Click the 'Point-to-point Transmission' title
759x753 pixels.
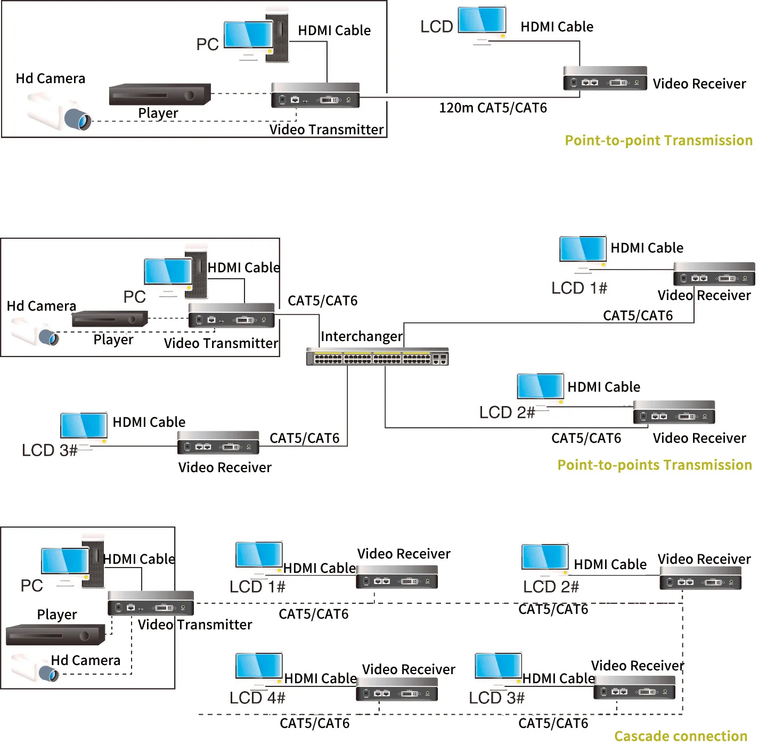coord(658,141)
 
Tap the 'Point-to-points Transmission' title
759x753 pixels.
coord(654,465)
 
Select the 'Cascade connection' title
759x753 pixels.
coord(680,736)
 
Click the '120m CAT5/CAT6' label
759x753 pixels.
coord(493,108)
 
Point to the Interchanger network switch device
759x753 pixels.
coord(377,357)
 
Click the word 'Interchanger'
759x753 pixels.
coord(361,337)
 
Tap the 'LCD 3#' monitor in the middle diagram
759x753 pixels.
coord(84,427)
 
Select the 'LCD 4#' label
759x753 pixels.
coord(257,698)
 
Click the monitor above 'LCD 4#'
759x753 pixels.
coord(259,667)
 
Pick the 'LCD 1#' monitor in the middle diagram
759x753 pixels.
coord(583,250)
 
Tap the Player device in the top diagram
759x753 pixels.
coord(159,94)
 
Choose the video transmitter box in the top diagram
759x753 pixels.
coord(315,95)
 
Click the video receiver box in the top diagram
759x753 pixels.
coord(605,78)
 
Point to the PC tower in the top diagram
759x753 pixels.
coord(277,37)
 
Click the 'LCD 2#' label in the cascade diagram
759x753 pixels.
coord(551,587)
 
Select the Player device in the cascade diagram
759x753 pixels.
coord(55,635)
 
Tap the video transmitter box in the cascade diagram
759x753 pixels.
coord(151,604)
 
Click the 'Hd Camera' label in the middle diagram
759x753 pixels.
coord(42,306)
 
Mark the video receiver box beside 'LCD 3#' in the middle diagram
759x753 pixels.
coord(218,443)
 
